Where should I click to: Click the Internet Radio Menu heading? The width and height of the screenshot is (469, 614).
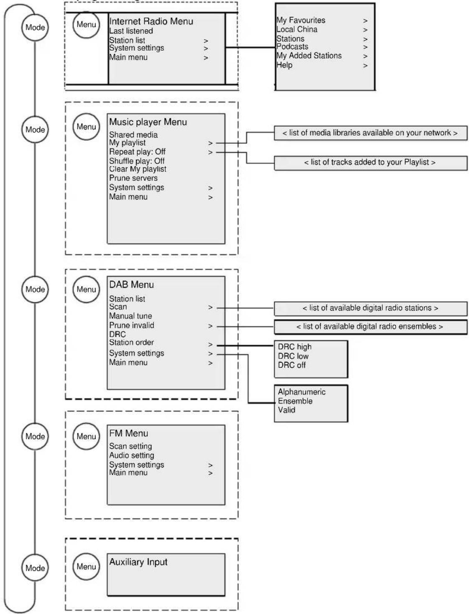pyautogui.click(x=151, y=21)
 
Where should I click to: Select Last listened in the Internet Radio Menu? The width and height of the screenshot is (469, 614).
pyautogui.click(x=131, y=31)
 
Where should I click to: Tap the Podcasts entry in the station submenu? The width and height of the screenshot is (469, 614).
pyautogui.click(x=292, y=47)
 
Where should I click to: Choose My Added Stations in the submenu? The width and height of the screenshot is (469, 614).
pyautogui.click(x=309, y=56)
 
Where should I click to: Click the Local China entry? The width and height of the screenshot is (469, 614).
pyautogui.click(x=297, y=29)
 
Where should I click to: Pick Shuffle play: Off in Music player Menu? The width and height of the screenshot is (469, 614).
pyautogui.click(x=136, y=161)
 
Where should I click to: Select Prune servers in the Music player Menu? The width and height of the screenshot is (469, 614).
pyautogui.click(x=133, y=178)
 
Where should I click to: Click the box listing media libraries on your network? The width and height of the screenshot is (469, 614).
pyautogui.click(x=371, y=133)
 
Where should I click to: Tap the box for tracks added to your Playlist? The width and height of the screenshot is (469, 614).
pyautogui.click(x=371, y=163)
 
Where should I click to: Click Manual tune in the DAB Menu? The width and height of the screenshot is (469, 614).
pyautogui.click(x=131, y=316)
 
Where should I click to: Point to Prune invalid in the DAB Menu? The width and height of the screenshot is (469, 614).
pyautogui.click(x=131, y=325)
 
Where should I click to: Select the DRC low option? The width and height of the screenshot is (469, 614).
pyautogui.click(x=293, y=356)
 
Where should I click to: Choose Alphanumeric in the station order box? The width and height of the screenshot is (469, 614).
pyautogui.click(x=301, y=392)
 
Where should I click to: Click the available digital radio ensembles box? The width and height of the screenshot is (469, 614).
pyautogui.click(x=371, y=327)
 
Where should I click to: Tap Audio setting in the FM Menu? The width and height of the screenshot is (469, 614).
pyautogui.click(x=131, y=455)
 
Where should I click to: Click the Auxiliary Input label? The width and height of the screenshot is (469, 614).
pyautogui.click(x=138, y=562)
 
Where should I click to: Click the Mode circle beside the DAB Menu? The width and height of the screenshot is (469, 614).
pyautogui.click(x=35, y=289)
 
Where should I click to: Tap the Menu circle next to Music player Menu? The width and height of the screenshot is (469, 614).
pyautogui.click(x=86, y=127)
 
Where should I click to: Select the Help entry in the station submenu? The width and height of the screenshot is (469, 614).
pyautogui.click(x=284, y=65)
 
